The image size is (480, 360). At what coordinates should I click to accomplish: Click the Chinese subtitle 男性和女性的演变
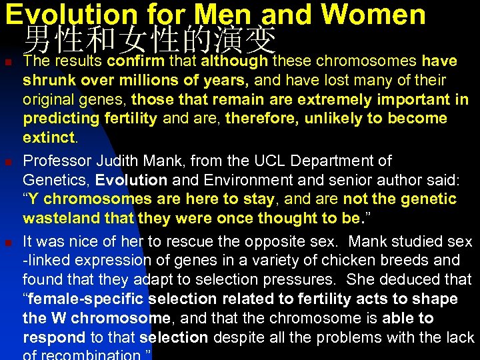pyautogui.click(x=149, y=41)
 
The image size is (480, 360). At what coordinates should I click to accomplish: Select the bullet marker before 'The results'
pyautogui.click(x=7, y=63)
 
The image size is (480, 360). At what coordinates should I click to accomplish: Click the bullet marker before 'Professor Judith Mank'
pyautogui.click(x=7, y=162)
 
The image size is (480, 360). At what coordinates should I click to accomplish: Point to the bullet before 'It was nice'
pyautogui.click(x=7, y=242)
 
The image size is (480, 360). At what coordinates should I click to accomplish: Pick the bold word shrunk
pyautogui.click(x=47, y=81)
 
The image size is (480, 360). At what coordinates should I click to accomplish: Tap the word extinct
pyautogui.click(x=49, y=138)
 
